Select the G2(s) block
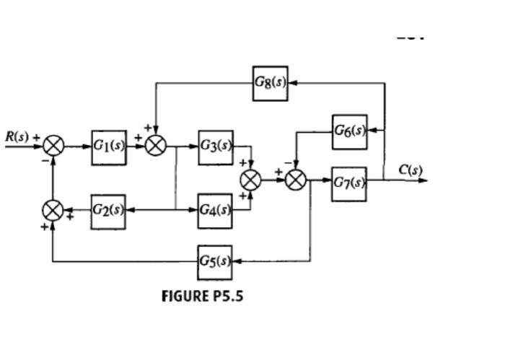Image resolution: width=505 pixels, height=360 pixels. point(108,211)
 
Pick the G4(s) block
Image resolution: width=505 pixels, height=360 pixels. point(216,211)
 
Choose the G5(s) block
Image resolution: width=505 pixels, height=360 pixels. point(216,261)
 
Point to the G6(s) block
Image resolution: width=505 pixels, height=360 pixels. point(349,131)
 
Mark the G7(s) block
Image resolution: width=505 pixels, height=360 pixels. point(349,180)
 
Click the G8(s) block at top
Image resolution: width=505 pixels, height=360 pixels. point(271,82)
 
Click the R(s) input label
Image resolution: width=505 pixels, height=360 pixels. point(17,136)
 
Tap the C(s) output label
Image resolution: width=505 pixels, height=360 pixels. point(410,170)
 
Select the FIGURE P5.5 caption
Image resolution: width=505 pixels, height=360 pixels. point(202,296)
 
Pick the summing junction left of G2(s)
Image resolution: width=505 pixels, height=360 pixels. point(53,211)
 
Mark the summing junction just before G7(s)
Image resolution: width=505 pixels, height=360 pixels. point(296,180)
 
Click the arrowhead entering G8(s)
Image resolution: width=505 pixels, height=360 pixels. point(292,82)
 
